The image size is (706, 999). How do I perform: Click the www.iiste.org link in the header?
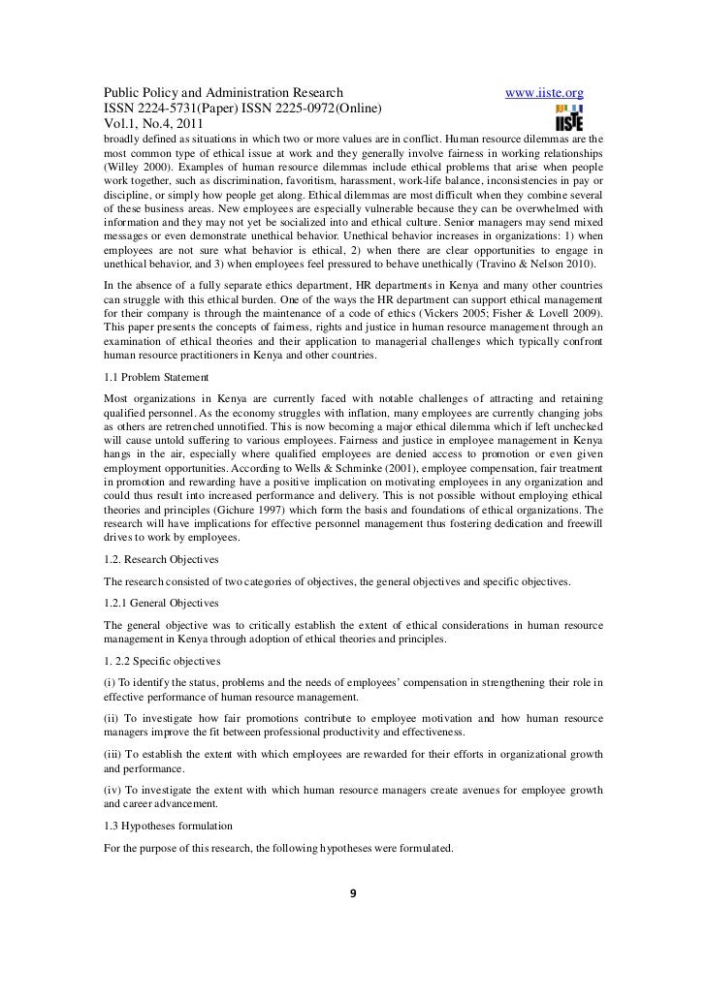coord(545,92)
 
